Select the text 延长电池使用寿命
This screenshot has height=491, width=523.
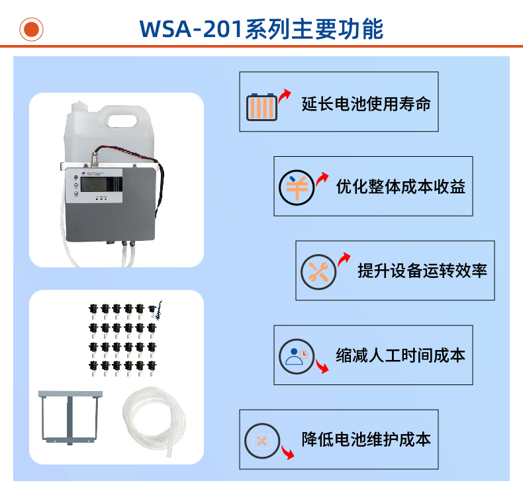365,104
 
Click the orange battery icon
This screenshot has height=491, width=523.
261,106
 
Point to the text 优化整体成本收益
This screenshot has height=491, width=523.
401,187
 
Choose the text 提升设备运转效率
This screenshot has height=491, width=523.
422,271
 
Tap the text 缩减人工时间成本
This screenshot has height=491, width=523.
401,355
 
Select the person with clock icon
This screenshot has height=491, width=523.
295,356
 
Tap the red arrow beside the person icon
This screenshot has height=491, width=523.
320,366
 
